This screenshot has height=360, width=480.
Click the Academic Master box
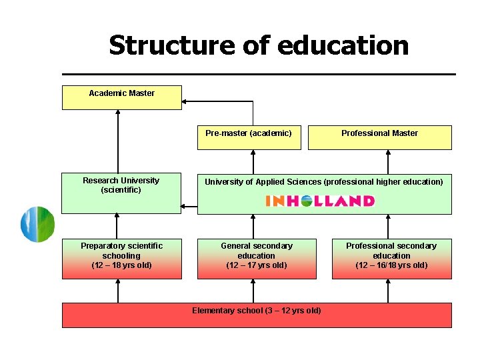(121, 97)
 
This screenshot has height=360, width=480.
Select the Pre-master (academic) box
(249, 137)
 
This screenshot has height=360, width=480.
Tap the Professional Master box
(379, 137)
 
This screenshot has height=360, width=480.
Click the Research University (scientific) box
(121, 193)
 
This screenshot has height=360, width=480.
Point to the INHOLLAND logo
(320, 201)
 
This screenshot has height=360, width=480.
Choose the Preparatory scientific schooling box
(121, 259)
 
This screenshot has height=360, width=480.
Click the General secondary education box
(256, 259)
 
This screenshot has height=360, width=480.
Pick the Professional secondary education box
(391, 259)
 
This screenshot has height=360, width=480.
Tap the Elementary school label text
(257, 311)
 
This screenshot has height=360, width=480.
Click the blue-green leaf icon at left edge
(37, 224)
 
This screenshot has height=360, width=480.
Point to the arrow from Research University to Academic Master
(118, 141)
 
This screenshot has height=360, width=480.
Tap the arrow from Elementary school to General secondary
(253, 291)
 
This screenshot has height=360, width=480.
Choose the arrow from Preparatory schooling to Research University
(118, 226)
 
